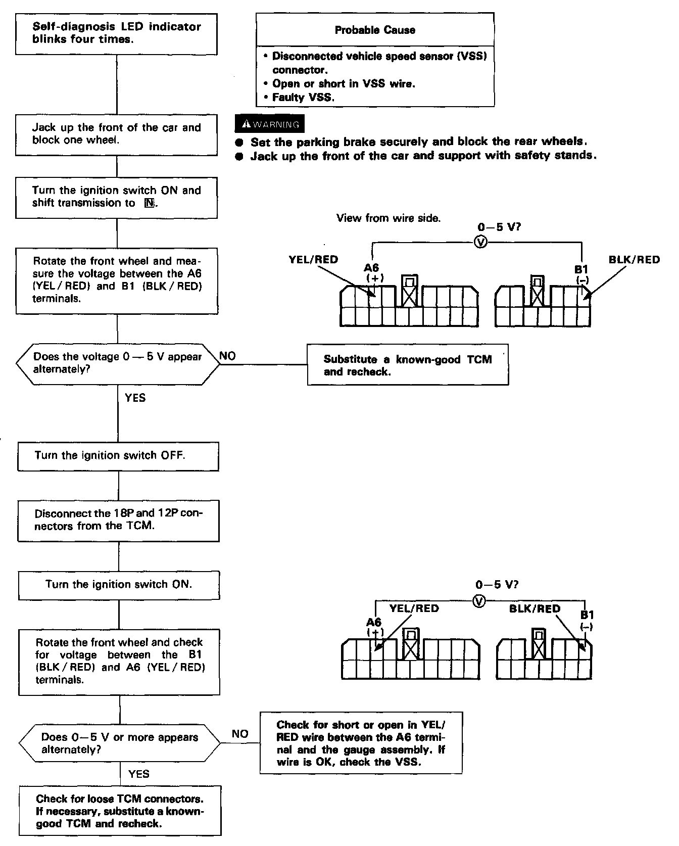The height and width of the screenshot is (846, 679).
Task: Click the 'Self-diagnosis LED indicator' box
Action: coord(117,33)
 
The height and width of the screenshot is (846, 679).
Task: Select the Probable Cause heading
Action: coord(375,30)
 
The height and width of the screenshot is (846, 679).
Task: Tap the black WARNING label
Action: coord(270,124)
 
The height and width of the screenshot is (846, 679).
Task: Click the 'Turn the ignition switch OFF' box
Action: coord(118,456)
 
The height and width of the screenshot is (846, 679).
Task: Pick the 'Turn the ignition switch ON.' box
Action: coord(119,585)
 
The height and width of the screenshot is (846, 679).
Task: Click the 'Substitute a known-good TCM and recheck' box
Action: coord(408,365)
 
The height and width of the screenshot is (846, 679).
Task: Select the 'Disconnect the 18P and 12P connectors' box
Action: coord(118,520)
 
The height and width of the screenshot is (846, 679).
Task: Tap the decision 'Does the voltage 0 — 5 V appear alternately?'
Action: coord(118,363)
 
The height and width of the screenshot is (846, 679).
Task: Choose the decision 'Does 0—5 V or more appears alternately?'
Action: coord(120,743)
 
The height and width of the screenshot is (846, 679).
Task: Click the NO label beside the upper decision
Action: coord(227,356)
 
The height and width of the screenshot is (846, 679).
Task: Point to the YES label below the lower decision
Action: coord(139,774)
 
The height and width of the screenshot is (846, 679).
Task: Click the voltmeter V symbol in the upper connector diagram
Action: coord(481,243)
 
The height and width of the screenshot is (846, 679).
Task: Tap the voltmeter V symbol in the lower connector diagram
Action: coord(480,601)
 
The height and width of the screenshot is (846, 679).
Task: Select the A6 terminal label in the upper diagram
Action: coord(372,268)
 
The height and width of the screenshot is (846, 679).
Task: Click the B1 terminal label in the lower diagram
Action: coord(587,615)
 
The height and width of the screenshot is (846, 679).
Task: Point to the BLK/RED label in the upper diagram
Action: coord(634,260)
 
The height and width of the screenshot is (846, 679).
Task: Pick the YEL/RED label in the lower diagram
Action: coord(414,608)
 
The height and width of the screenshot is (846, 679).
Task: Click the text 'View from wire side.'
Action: coord(389,218)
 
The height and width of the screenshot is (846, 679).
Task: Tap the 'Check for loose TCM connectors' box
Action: coord(120,811)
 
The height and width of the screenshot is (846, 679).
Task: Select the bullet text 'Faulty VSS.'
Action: coord(303,98)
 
